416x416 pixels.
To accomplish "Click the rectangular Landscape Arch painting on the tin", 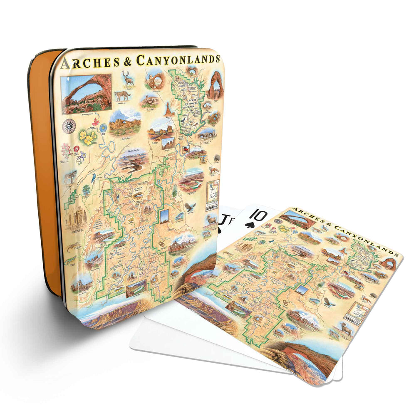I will [x=86, y=94].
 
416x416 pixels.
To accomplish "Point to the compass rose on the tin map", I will [x=69, y=125].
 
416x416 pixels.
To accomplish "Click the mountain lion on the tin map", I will [x=121, y=95].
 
